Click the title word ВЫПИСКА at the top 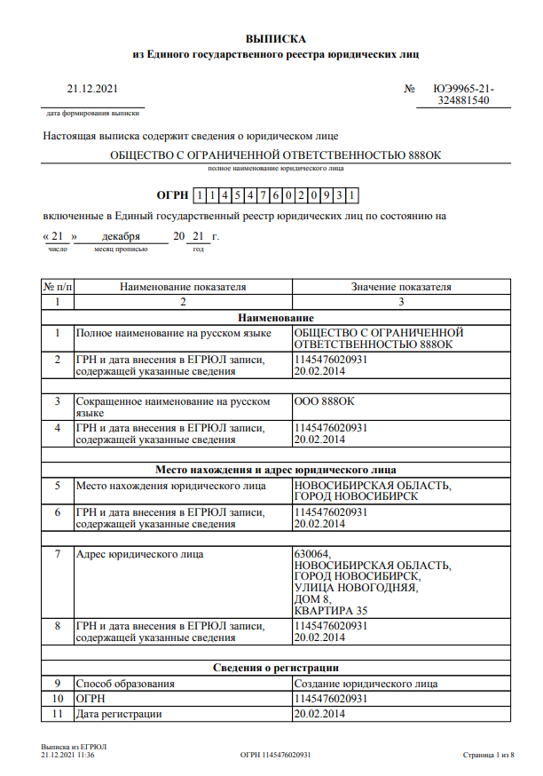click(276, 39)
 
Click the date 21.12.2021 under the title click(92, 89)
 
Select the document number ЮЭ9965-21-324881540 click(463, 95)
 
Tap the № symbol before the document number click(409, 89)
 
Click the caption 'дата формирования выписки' click(93, 114)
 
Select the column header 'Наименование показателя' click(183, 287)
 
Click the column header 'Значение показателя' click(401, 287)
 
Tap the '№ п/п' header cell click(58, 287)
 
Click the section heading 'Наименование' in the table click(276, 317)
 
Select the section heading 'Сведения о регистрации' click(276, 668)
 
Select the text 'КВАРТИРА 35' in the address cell click(330, 611)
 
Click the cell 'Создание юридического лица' click(366, 684)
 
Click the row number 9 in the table click(58, 684)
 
